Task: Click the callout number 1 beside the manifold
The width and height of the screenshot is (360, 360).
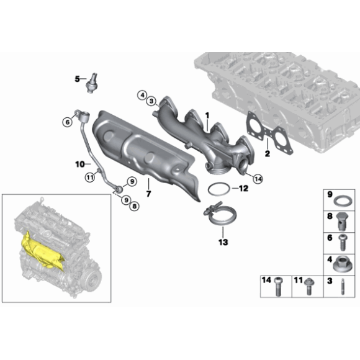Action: click(x=208, y=114)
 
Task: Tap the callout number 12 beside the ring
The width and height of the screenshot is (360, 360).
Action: click(x=243, y=188)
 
